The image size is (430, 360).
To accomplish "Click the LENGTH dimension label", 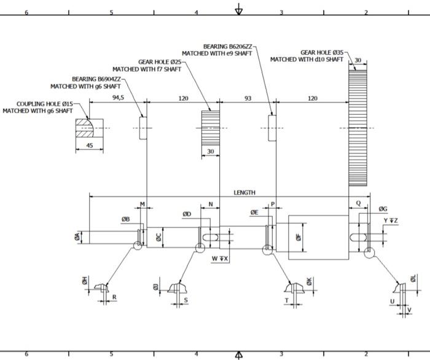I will click(244, 192).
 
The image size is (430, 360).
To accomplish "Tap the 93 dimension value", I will click(248, 98).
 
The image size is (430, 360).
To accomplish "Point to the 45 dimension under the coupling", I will click(90, 146).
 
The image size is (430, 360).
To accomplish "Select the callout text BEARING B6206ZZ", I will click(227, 46).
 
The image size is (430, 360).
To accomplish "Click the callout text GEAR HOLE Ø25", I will click(159, 62).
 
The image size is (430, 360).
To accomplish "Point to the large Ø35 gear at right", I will click(358, 126).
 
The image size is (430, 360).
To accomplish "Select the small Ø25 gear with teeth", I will click(211, 127).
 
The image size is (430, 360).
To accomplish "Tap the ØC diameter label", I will click(158, 237).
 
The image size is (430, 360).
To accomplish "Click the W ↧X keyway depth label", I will click(220, 259).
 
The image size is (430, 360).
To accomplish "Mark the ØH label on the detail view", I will click(85, 281).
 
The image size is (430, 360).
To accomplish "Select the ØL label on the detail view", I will click(413, 279).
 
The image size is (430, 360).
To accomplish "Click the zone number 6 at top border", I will click(26, 12).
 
